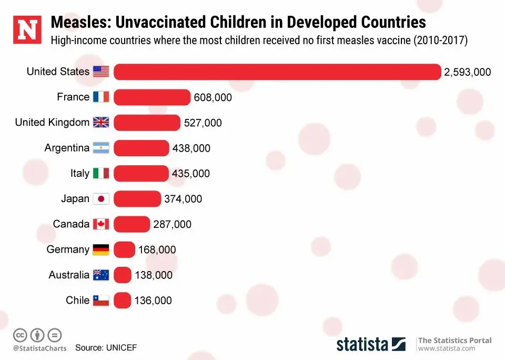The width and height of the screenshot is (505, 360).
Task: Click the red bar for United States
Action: point(277,72)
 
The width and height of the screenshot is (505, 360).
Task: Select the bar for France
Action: point(152,97)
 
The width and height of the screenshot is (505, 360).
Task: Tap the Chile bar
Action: point(122,301)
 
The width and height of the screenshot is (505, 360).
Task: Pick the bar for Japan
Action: point(137,199)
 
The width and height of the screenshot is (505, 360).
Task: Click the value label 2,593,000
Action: point(468,72)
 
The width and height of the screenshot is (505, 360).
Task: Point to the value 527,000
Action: point(203,123)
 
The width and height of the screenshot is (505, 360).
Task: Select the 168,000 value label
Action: point(157,250)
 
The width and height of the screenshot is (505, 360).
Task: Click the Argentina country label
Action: point(67,148)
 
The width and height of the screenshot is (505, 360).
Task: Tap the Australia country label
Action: point(69,275)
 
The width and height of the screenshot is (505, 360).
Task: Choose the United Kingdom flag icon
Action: point(101,123)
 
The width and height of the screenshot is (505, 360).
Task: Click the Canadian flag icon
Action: point(101,224)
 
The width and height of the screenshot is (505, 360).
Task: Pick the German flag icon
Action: point(101,249)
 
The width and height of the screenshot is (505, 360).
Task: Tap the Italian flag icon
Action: point(101,173)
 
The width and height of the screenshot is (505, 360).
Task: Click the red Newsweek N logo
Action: point(27,31)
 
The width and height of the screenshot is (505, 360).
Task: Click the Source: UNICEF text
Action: point(106,348)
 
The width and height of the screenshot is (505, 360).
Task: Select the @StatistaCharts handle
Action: point(40,348)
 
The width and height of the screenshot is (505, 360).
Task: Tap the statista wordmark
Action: point(362,344)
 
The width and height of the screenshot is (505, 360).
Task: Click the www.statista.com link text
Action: point(447,348)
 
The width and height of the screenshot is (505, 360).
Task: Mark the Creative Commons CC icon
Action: point(20,335)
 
